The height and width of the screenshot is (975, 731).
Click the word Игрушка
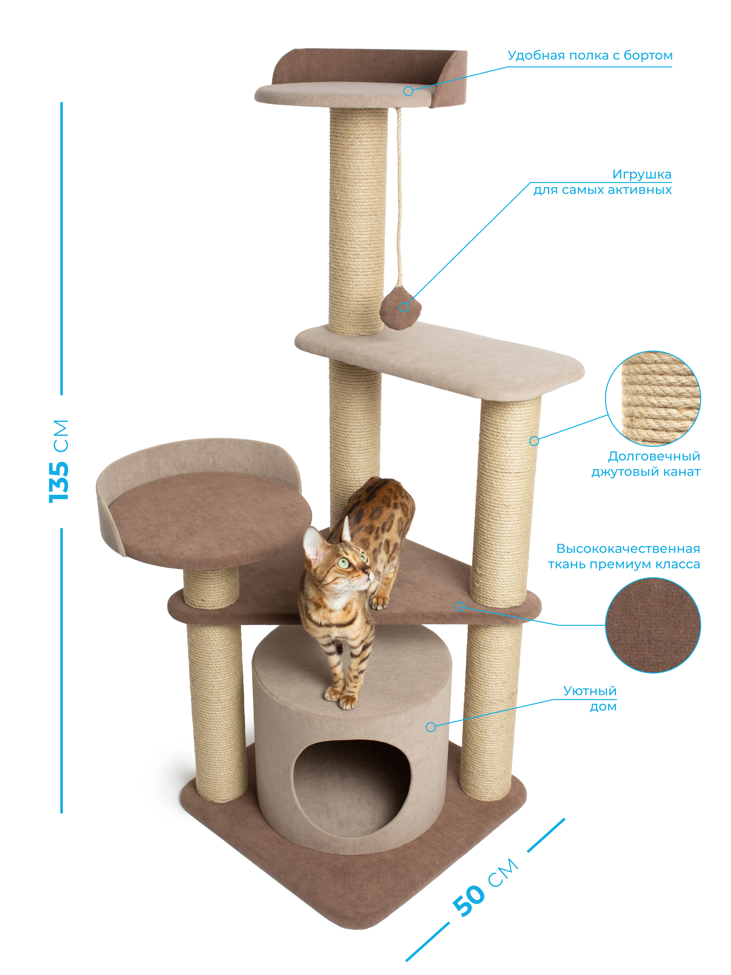pyautogui.click(x=642, y=175)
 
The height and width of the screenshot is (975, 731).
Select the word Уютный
pyautogui.click(x=590, y=691)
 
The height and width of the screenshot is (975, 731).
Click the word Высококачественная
pyautogui.click(x=628, y=549)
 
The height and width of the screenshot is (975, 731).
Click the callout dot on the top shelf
pyautogui.click(x=408, y=91)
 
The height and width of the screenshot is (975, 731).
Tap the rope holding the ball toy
pyautogui.click(x=400, y=198)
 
